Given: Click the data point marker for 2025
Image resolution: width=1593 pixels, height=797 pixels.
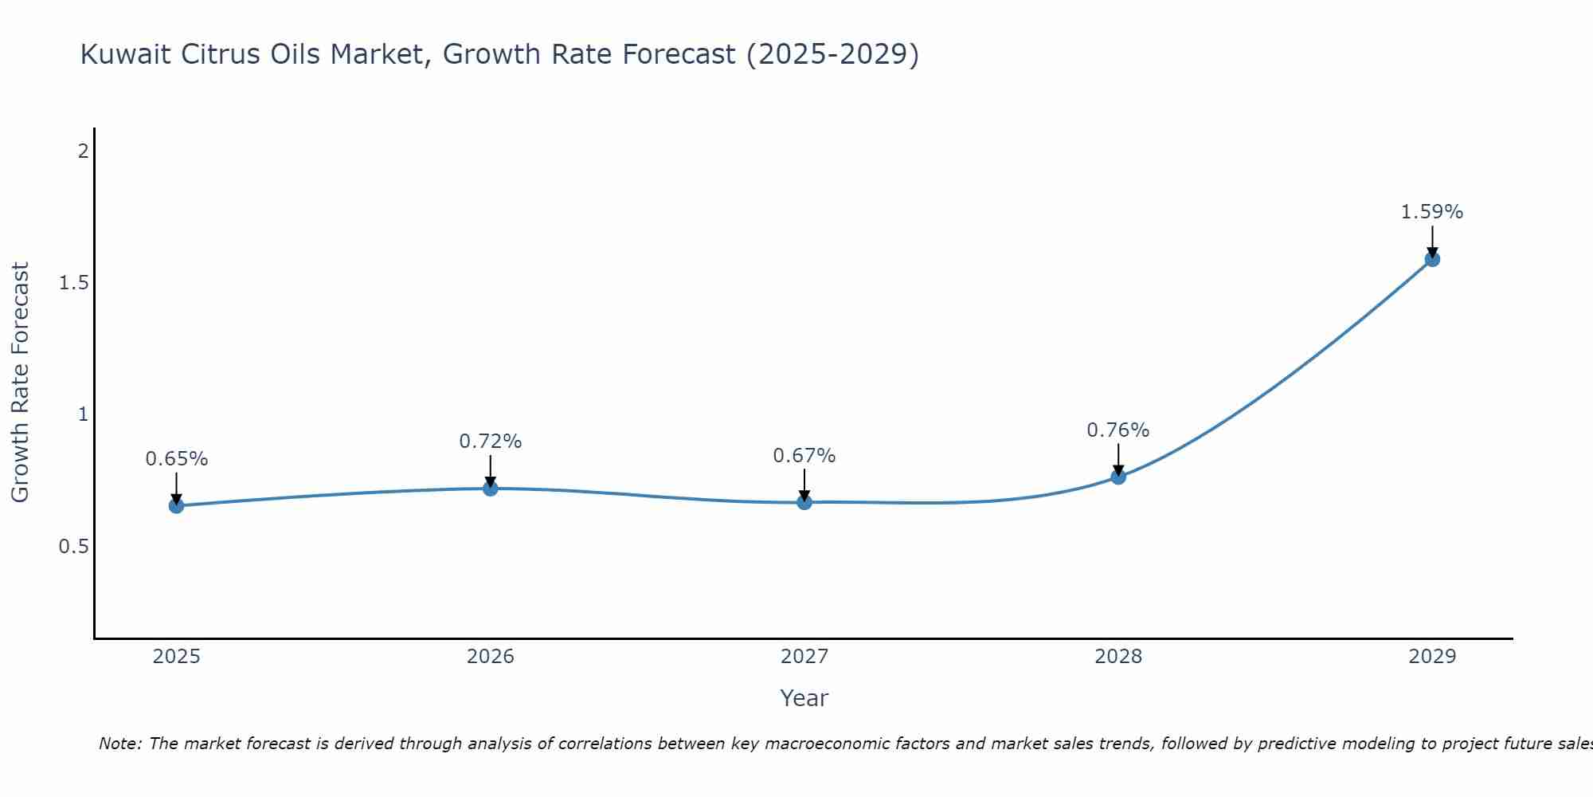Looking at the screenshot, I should (x=176, y=505).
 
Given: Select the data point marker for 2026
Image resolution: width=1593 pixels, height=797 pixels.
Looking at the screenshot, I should (x=491, y=488).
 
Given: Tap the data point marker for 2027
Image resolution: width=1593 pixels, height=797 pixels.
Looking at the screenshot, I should (x=804, y=502).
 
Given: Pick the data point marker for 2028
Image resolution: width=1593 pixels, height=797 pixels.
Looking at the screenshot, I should (x=1118, y=477).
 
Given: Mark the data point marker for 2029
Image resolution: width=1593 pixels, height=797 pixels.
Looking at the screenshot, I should (x=1432, y=258).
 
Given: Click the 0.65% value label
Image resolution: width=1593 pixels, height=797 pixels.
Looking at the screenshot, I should (x=176, y=459).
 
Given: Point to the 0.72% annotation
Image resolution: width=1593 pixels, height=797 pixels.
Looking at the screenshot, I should (x=491, y=441).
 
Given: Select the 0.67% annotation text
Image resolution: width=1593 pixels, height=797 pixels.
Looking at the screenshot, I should (x=804, y=456).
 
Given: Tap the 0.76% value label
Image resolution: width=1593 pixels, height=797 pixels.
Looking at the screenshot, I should (x=1118, y=430).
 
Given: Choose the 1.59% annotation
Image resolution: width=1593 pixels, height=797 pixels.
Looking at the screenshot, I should (x=1432, y=212).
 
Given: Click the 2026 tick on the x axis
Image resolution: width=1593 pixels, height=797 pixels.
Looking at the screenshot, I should (x=491, y=657).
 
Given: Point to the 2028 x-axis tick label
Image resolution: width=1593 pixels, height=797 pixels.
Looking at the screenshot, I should (x=1118, y=657).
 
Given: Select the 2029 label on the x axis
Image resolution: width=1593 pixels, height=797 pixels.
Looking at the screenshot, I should (x=1432, y=657).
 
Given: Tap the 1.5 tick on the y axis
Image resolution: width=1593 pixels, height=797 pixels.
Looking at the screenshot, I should (x=74, y=283).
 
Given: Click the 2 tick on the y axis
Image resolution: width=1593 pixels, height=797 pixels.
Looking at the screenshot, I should (x=83, y=151).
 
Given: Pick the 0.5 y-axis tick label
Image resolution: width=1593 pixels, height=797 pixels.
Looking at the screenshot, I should (x=74, y=547).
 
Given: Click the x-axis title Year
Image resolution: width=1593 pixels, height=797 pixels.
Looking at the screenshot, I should (x=804, y=698).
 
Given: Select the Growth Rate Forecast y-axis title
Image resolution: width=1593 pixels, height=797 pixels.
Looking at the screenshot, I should (x=20, y=383).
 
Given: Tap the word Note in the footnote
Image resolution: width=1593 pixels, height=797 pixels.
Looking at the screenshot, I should (x=119, y=744).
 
